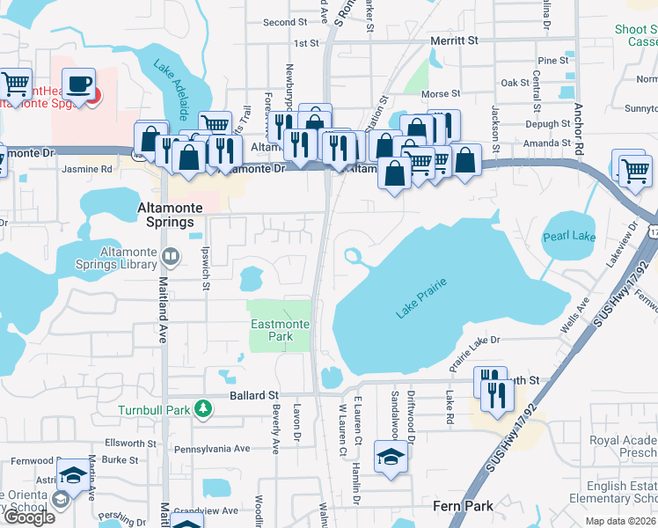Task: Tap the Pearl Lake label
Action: pyautogui.click(x=570, y=236)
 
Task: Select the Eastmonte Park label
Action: pyautogui.click(x=280, y=330)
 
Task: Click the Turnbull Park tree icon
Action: pyautogui.click(x=203, y=408)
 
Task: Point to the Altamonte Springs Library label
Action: pyautogui.click(x=128, y=258)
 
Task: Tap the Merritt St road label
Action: pyautogui.click(x=454, y=40)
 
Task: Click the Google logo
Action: pyautogui.click(x=28, y=517)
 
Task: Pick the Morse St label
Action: pyautogui.click(x=442, y=93)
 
